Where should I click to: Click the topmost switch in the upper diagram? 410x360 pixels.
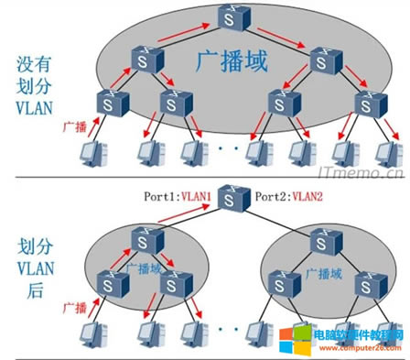(227, 17)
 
